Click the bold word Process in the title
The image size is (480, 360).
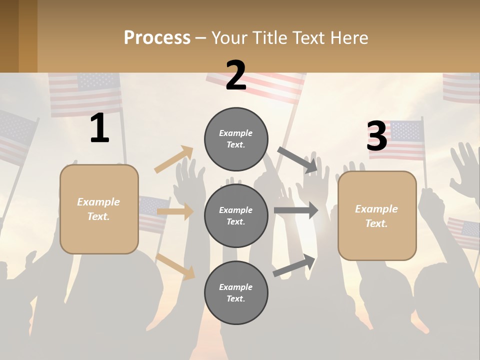[x=157, y=38]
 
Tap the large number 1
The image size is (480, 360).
[x=99, y=128]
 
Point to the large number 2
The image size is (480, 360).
[x=236, y=75]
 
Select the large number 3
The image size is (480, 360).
[x=376, y=136]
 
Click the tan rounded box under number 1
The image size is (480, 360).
[x=99, y=209]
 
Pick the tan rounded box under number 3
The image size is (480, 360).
[x=377, y=216]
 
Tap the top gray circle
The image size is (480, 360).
[x=236, y=139]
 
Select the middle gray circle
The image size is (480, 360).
[x=236, y=215]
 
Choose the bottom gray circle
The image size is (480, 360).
[x=236, y=292]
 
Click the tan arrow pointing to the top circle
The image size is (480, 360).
[x=174, y=159]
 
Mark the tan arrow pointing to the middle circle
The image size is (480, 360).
[x=175, y=211]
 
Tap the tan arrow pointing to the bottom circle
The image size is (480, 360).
[x=175, y=266]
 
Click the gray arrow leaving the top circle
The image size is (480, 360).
[x=298, y=159]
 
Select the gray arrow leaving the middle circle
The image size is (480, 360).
[x=296, y=210]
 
